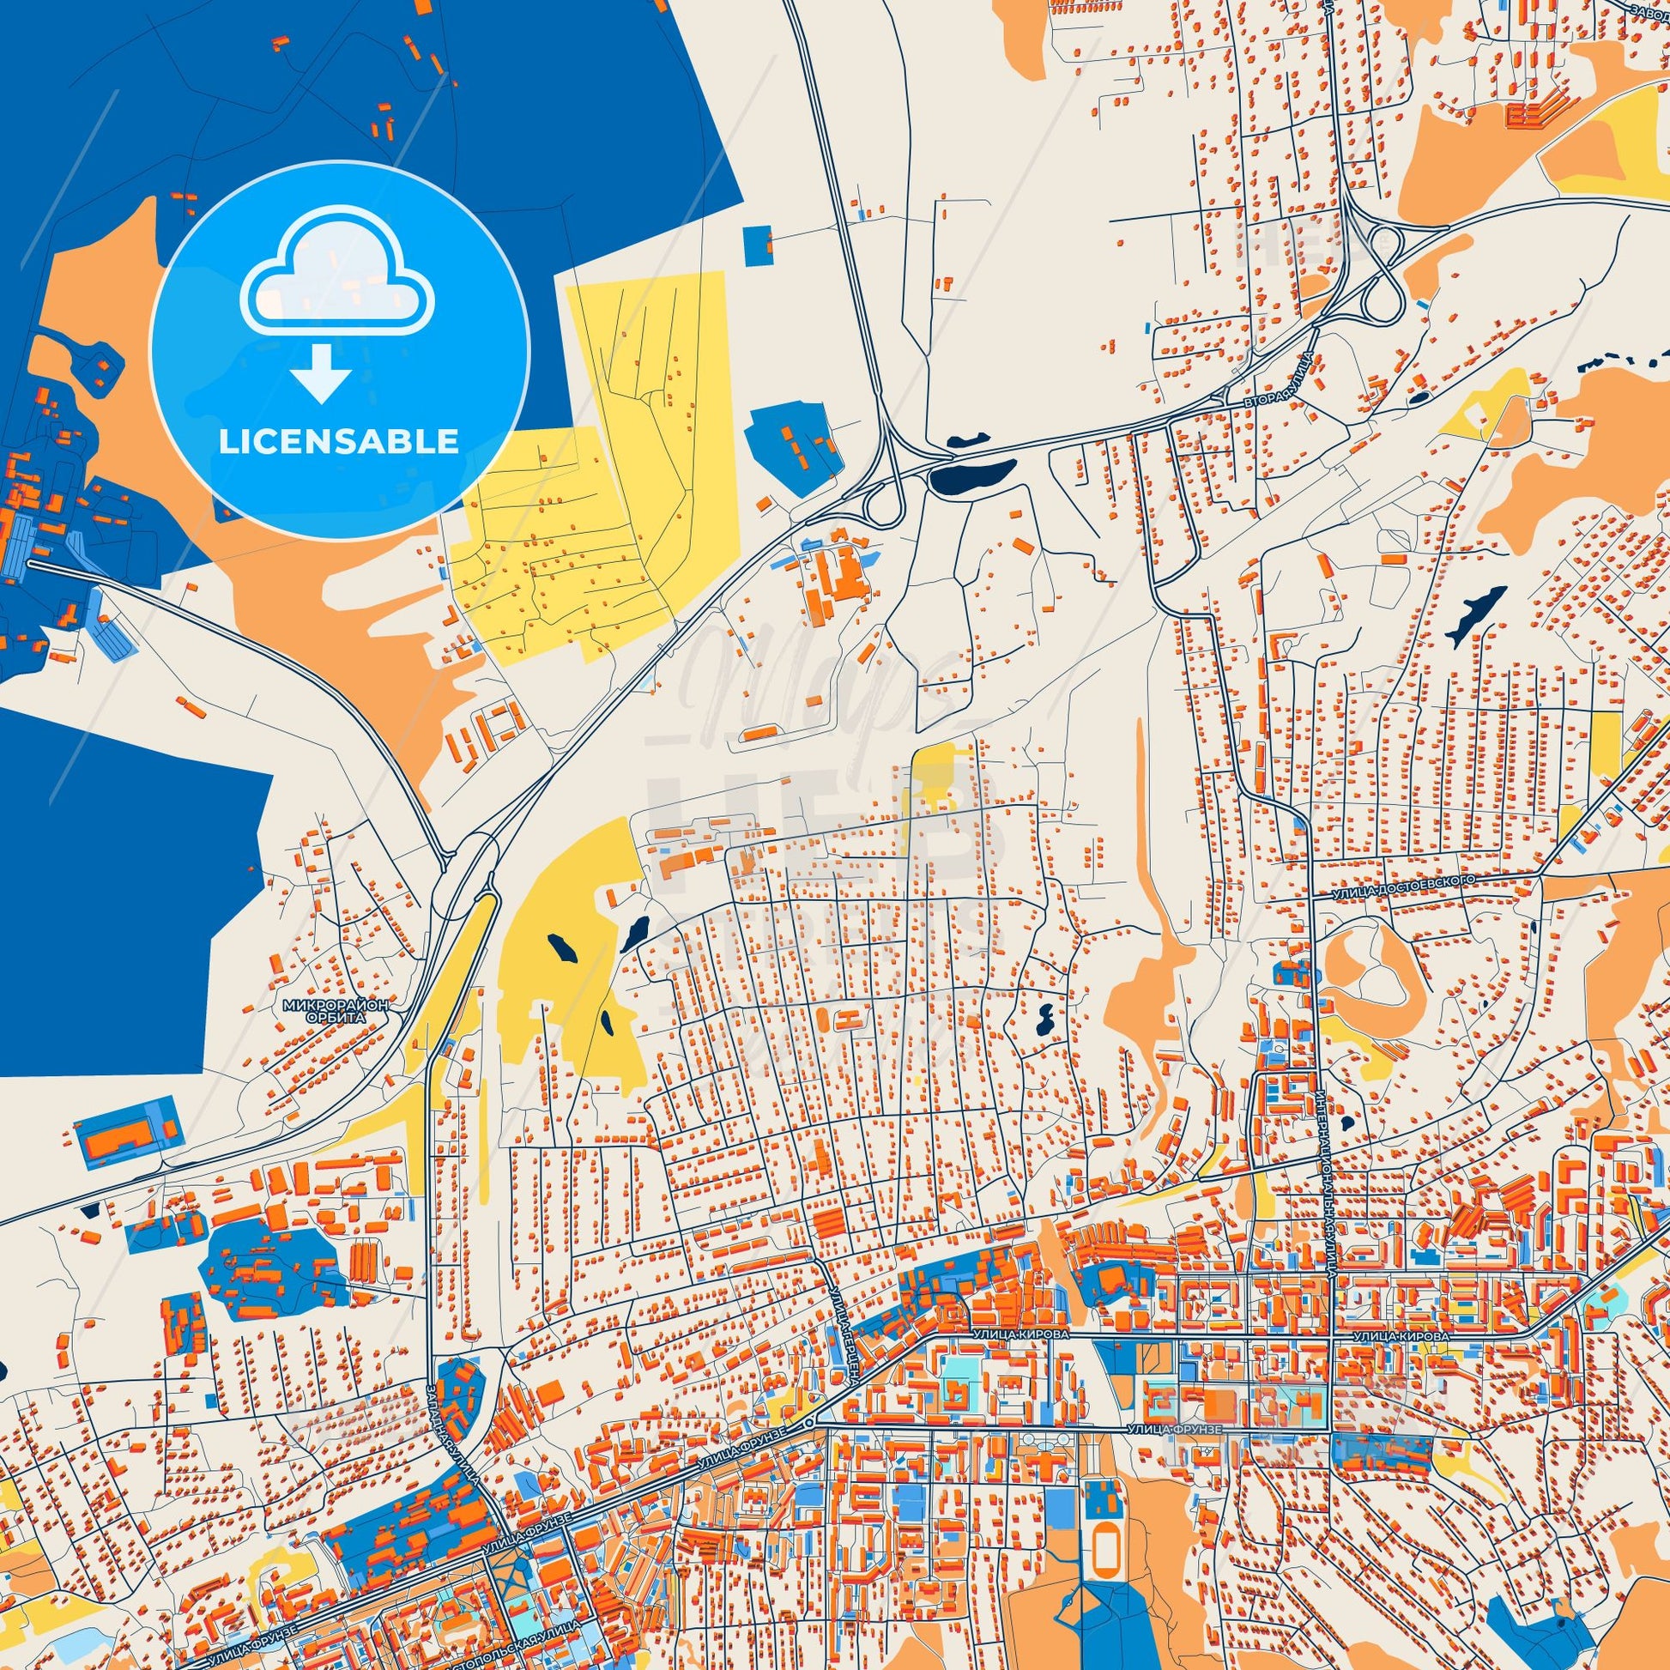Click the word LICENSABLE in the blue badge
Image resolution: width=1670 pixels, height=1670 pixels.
pyautogui.click(x=339, y=441)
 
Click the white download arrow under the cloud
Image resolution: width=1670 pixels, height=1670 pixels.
pyautogui.click(x=321, y=372)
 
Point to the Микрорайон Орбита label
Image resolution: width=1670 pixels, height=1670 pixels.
pyautogui.click(x=336, y=1011)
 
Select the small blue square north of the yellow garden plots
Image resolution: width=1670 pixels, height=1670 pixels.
pyautogui.click(x=757, y=241)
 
